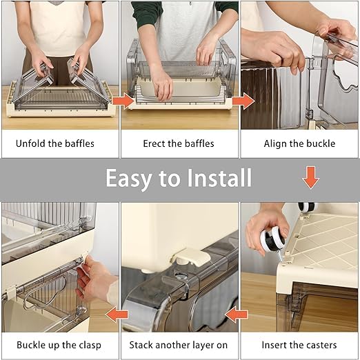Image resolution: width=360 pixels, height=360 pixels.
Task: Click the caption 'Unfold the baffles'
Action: tap(55, 143)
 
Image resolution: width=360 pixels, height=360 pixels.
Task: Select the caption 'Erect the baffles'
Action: tap(179, 143)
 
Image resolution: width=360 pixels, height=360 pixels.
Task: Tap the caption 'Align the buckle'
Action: tap(299, 143)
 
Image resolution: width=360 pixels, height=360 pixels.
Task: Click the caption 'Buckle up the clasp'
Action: tap(59, 345)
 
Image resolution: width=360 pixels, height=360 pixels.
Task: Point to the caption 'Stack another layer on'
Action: tap(179, 345)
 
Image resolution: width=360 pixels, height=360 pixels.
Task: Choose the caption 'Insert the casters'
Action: tap(299, 345)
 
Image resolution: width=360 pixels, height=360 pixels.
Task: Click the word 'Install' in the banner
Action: tap(219, 178)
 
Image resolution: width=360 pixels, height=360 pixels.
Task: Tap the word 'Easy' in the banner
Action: tap(129, 179)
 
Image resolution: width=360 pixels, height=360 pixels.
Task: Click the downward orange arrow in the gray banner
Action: tap(311, 178)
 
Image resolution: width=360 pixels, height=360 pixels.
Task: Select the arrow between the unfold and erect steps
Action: tap(123, 101)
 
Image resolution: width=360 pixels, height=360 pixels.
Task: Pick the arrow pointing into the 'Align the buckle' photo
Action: tap(243, 101)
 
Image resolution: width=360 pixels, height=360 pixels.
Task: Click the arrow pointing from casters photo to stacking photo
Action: tap(237, 314)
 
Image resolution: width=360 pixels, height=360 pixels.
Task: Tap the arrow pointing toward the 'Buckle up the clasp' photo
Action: tap(117, 314)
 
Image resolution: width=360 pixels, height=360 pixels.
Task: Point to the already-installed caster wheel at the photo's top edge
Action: tap(308, 207)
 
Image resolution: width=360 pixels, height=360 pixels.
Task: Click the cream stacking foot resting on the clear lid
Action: tap(191, 257)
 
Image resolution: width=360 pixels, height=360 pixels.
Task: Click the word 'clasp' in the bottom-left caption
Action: tap(90, 346)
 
